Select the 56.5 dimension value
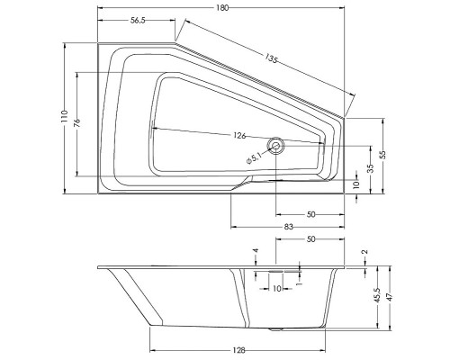pos(138,20)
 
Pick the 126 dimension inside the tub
pos(239,136)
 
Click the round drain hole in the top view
pos(277,144)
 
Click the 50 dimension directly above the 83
pos(310,215)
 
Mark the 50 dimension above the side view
pos(310,240)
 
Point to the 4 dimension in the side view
pos(255,251)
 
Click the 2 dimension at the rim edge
pos(364,253)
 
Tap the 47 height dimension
pos(390,295)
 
